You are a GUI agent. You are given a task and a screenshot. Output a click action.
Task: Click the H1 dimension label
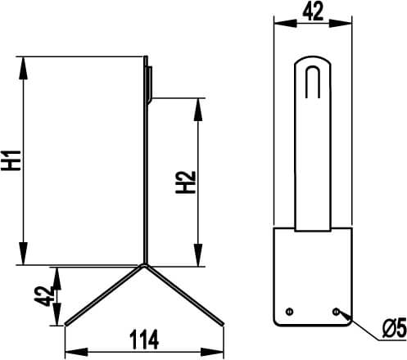tap(11, 160)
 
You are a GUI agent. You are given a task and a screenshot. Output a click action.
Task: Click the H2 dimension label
tap(186, 182)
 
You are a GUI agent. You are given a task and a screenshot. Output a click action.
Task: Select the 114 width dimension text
tap(144, 340)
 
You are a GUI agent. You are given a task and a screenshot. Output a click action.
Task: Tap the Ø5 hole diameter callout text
tap(395, 328)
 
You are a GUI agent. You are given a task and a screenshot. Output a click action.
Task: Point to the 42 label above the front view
tap(313, 11)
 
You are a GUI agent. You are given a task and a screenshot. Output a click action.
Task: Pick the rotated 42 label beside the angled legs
tap(44, 296)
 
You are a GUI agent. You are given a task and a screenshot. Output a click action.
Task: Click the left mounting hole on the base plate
tap(289, 312)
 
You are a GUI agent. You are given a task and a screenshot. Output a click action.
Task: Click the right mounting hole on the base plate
tap(336, 312)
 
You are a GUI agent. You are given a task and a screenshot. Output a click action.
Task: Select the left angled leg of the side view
tap(103, 295)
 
